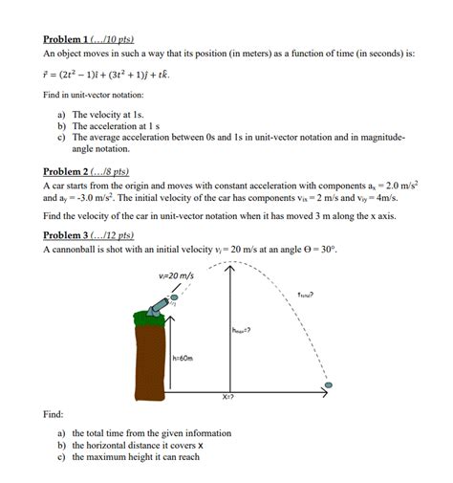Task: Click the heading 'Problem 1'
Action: click(85, 39)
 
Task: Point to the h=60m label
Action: click(183, 359)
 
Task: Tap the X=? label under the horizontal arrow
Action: click(228, 395)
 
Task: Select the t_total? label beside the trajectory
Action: click(305, 295)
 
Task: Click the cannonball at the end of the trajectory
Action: click(328, 387)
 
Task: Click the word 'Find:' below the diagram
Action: click(54, 415)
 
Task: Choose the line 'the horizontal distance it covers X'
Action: click(138, 445)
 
